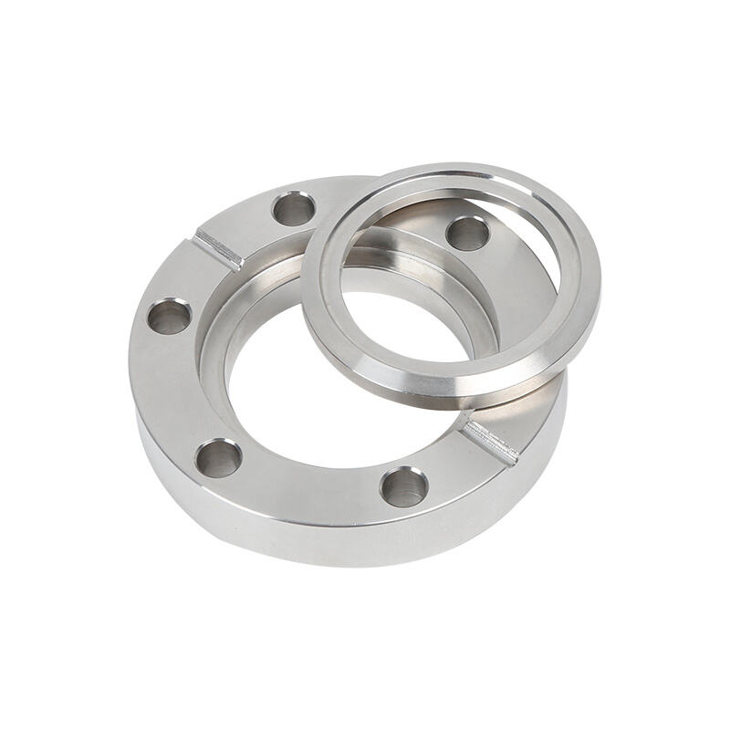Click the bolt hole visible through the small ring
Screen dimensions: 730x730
coord(467,234)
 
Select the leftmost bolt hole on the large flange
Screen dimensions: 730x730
coord(170,318)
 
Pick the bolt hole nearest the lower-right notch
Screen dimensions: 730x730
coord(403,485)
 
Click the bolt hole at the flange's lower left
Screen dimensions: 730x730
coord(219,456)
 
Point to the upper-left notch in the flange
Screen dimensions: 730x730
coord(219,248)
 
